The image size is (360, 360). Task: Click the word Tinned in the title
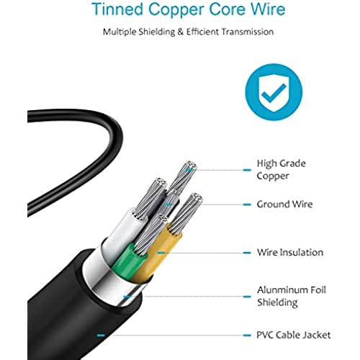click(x=117, y=9)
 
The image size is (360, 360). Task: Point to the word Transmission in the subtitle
click(x=248, y=32)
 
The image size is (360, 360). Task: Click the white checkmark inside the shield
click(x=274, y=93)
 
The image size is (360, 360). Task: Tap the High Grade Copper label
click(x=281, y=169)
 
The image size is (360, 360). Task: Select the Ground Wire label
click(x=284, y=204)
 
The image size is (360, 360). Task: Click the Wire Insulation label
click(x=290, y=252)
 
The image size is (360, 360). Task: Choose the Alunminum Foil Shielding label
click(x=292, y=296)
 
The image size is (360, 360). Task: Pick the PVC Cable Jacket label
click(x=293, y=335)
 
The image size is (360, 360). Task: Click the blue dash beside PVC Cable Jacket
click(x=247, y=336)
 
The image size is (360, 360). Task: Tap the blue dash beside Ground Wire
click(x=247, y=204)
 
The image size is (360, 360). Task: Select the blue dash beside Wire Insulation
click(x=247, y=253)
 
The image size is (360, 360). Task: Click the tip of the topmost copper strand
click(x=192, y=165)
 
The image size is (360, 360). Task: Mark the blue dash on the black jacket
click(x=101, y=336)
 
